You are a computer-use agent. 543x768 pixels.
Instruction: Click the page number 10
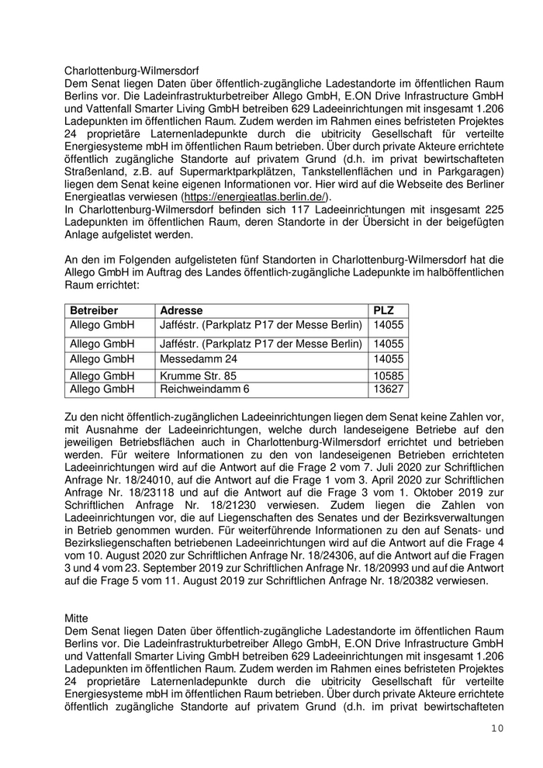(497, 728)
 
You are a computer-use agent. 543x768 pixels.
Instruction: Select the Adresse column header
(180, 310)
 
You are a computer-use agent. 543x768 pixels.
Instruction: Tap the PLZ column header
(384, 310)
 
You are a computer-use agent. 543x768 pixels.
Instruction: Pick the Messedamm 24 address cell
(199, 359)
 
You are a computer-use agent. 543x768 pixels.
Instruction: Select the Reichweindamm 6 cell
(205, 389)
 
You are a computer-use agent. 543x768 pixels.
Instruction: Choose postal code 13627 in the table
(389, 389)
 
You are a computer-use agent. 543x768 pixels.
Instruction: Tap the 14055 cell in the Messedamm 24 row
(389, 359)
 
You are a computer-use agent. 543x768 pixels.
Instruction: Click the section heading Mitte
(77, 618)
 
